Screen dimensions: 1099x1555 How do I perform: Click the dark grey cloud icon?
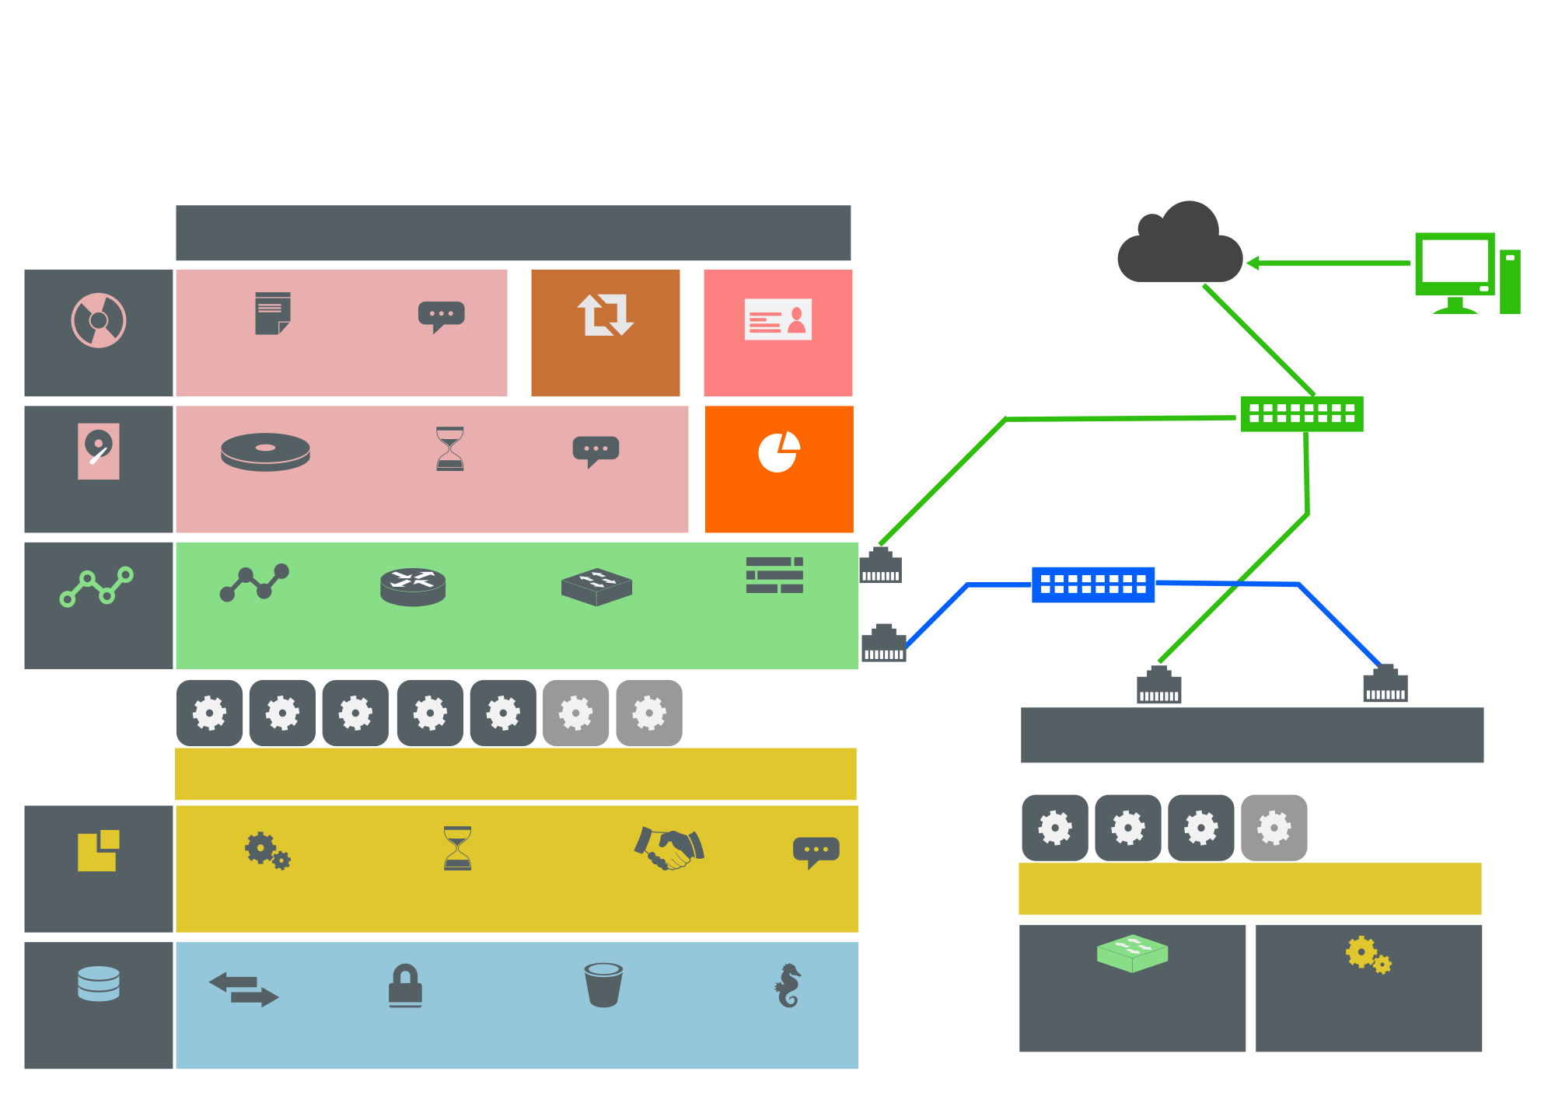point(1179,245)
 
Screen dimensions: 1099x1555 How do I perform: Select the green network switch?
point(1302,413)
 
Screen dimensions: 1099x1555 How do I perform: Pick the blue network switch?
point(1093,584)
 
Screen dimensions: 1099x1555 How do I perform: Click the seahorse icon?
point(788,986)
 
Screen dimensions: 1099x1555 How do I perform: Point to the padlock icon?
point(405,986)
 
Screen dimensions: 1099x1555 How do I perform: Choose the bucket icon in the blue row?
point(603,985)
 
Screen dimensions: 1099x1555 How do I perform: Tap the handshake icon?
point(669,848)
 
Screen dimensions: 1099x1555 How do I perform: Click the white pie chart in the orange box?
point(779,452)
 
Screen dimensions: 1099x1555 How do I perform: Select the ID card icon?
point(778,319)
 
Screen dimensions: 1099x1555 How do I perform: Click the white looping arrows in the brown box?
point(606,315)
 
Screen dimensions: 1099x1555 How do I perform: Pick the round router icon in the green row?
point(413,587)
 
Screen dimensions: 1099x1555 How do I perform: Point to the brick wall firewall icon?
point(774,575)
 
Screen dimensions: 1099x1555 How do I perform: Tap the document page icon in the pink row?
point(272,313)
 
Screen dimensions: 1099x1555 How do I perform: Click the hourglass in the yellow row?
point(457,848)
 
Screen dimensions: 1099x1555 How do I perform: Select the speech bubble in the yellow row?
point(816,851)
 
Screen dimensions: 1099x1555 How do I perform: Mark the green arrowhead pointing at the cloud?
point(1253,263)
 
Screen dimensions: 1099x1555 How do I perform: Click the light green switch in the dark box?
point(1132,953)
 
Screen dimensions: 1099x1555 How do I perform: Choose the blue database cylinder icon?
point(99,983)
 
